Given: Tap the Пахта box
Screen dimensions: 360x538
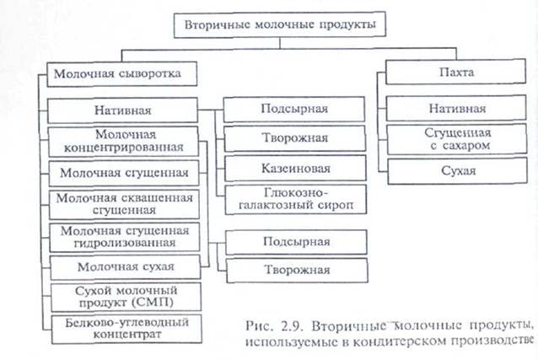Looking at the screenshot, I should [456, 74].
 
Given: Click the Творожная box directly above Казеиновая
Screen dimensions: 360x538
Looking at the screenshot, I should [294, 138].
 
